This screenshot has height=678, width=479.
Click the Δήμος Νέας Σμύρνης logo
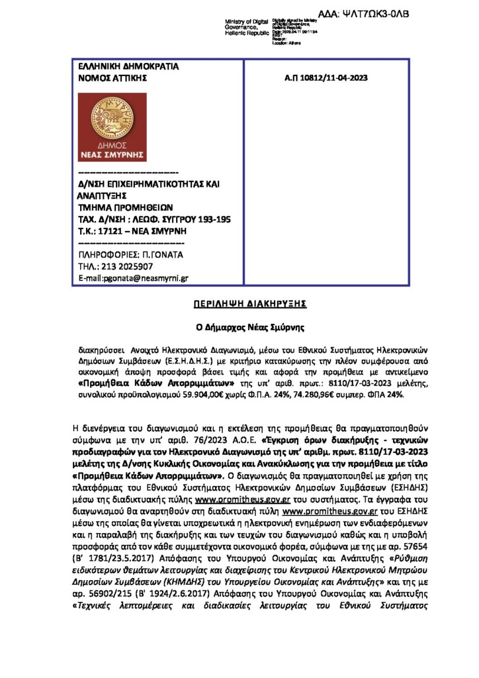pos(112,127)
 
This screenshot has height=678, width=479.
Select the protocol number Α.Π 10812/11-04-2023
pos(325,77)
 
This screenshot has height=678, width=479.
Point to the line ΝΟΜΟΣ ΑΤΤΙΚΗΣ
pos(111,77)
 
